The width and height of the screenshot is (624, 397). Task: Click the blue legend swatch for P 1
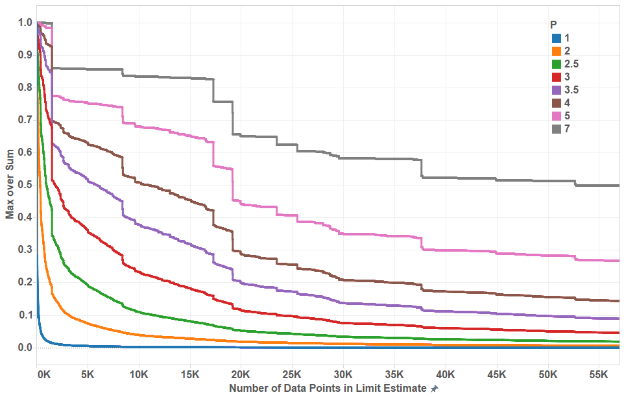click(x=556, y=38)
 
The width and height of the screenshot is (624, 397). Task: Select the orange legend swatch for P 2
click(x=556, y=51)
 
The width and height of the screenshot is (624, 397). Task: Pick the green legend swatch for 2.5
click(x=556, y=64)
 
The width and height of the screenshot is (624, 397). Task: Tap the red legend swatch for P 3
click(x=556, y=77)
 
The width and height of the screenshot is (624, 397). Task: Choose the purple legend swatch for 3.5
click(x=556, y=90)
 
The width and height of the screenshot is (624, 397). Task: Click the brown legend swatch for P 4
click(x=556, y=103)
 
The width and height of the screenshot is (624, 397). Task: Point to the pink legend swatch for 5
click(x=556, y=116)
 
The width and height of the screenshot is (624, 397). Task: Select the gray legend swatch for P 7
click(x=556, y=129)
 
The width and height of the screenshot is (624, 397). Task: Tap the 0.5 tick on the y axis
click(x=25, y=184)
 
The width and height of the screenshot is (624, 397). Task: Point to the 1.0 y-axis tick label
click(x=25, y=22)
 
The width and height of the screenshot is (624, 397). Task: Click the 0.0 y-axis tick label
click(x=25, y=348)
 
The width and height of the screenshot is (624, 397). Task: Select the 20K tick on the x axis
click(x=241, y=375)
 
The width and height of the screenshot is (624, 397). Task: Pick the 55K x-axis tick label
click(x=599, y=375)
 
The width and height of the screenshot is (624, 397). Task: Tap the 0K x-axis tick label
click(x=43, y=375)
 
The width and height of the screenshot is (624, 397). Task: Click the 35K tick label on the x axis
click(x=394, y=375)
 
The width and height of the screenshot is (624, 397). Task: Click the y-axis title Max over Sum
click(x=10, y=186)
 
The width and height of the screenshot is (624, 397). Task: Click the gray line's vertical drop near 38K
click(x=422, y=168)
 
